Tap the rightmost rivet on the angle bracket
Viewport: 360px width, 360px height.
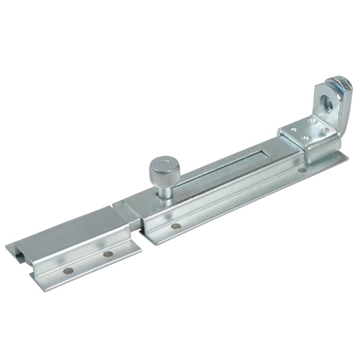(x=325, y=130)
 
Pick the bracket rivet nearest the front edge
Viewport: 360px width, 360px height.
(x=305, y=139)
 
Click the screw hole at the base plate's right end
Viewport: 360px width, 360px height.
(x=303, y=170)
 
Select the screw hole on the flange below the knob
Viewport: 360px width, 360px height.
(x=174, y=226)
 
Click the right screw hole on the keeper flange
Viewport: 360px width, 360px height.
(x=108, y=254)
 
